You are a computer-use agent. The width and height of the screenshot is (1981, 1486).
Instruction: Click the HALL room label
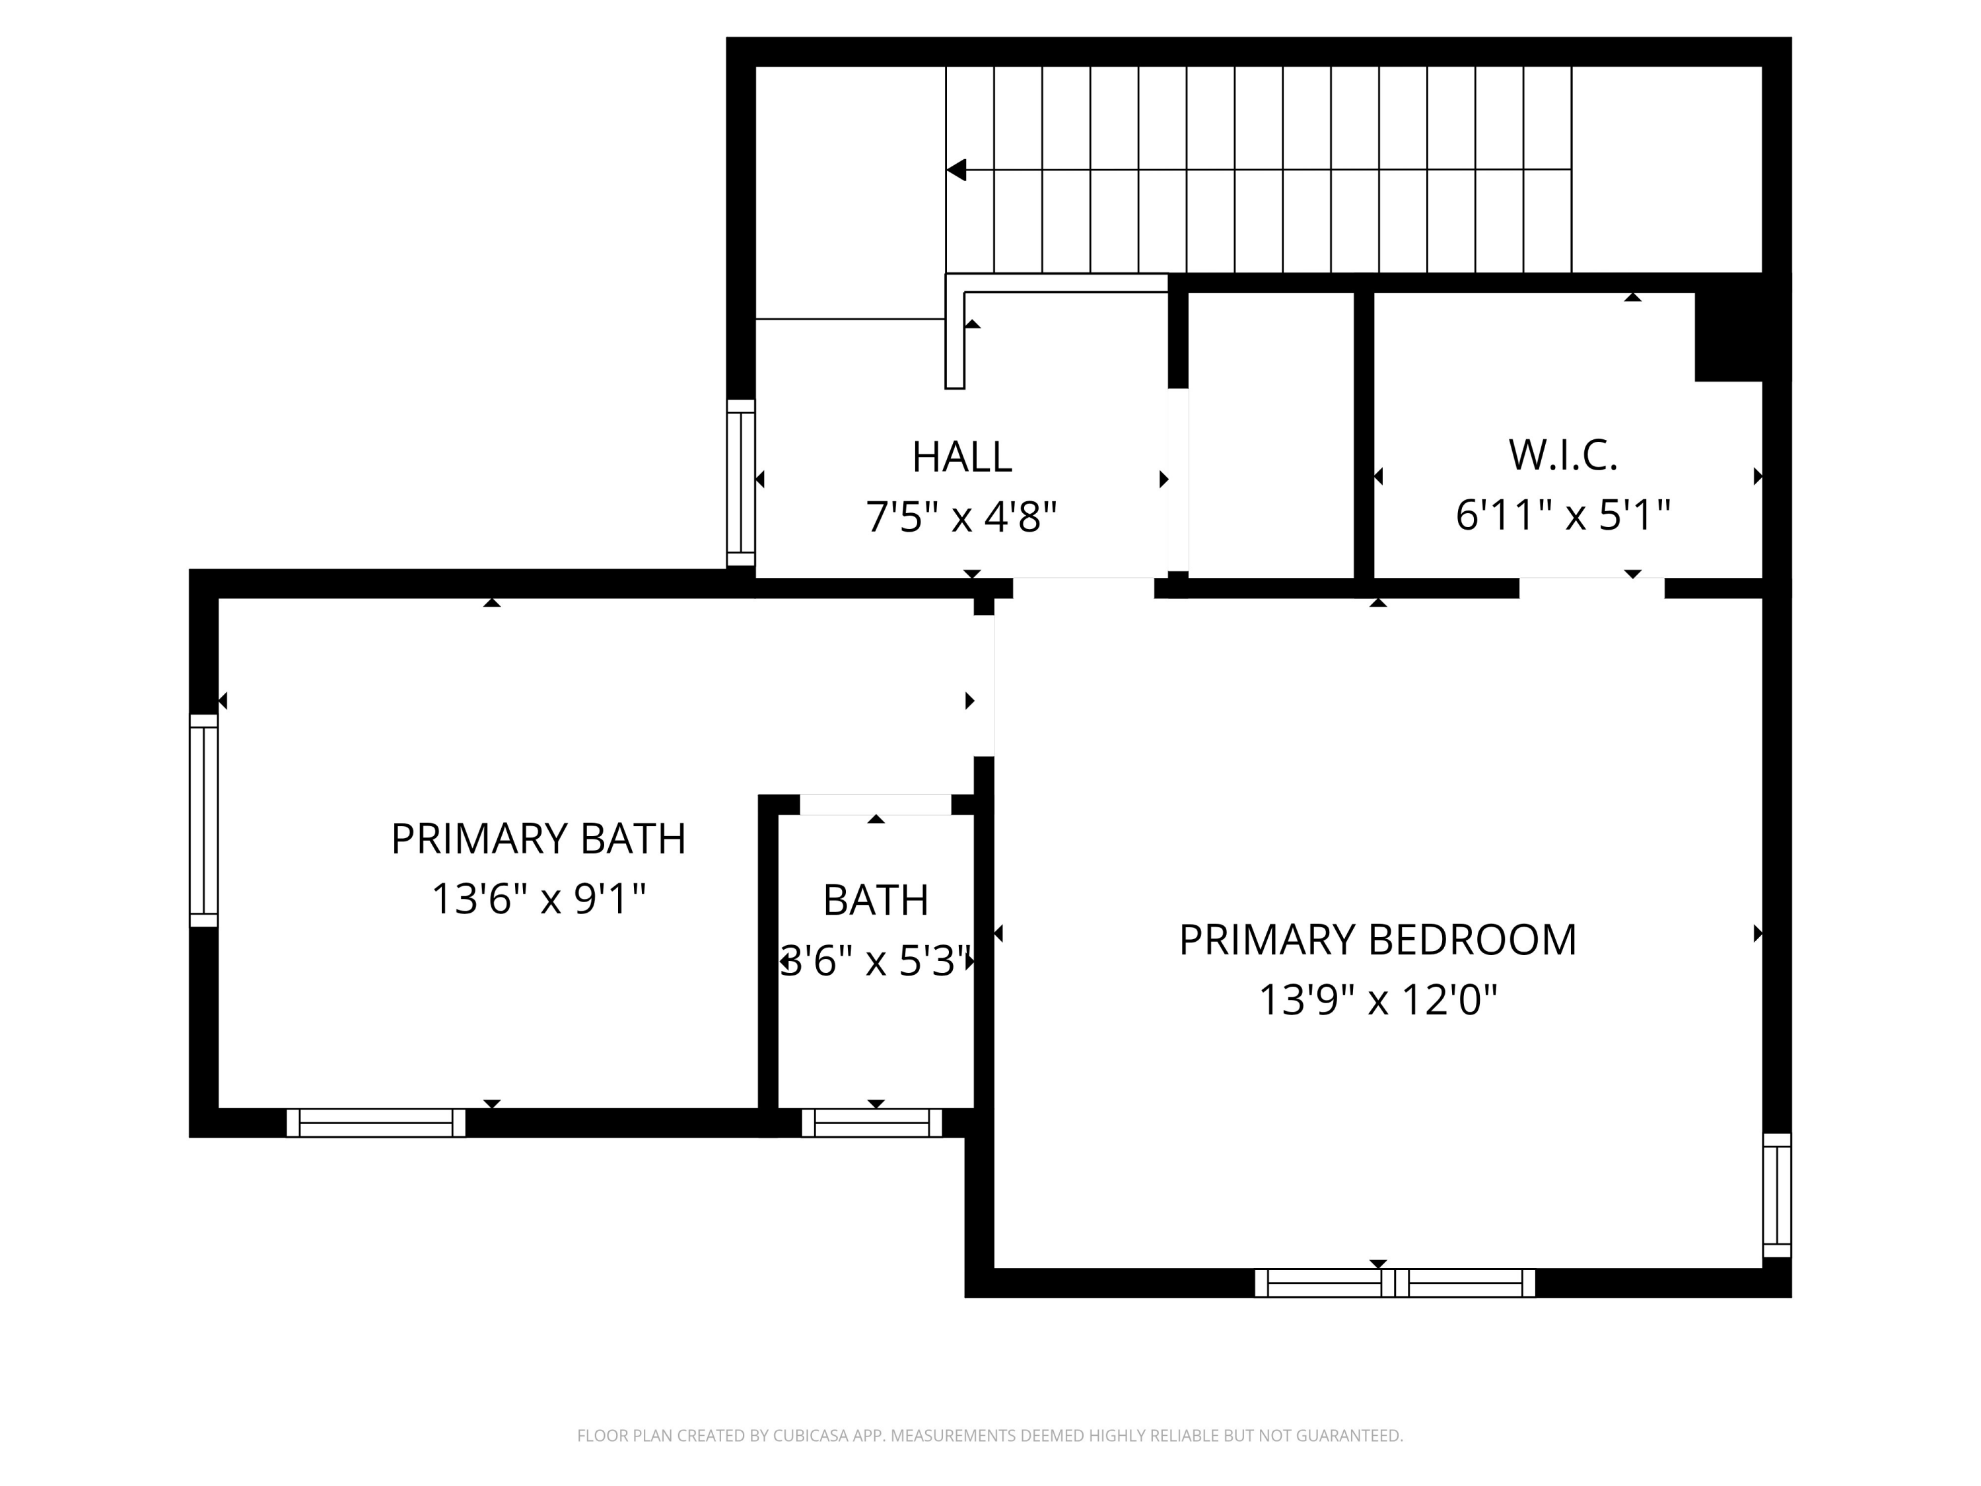962,458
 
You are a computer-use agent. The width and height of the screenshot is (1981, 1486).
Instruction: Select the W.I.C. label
1563,455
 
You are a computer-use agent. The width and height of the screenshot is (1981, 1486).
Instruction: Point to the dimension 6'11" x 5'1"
1563,515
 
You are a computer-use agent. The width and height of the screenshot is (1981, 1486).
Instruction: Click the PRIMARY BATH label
538,839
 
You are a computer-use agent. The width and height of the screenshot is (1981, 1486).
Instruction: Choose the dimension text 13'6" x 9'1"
538,898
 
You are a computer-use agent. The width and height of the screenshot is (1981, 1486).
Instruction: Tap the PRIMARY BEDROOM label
1377,940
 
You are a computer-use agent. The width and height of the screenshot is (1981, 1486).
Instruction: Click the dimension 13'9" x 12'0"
1377,1000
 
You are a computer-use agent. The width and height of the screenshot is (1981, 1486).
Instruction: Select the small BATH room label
876,900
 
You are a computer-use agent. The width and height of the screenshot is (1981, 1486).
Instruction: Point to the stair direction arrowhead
956,169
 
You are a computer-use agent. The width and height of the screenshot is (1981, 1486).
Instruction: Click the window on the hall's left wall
741,483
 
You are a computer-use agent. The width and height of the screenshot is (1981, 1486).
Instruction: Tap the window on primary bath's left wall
203,820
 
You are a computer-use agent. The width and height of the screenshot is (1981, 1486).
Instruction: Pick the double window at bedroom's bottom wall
1395,1283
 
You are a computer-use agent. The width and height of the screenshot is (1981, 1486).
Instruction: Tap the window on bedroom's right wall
1777,1196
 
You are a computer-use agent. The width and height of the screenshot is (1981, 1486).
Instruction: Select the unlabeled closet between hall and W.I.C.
1270,435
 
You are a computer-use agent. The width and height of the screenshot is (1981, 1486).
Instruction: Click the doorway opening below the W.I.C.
1591,588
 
